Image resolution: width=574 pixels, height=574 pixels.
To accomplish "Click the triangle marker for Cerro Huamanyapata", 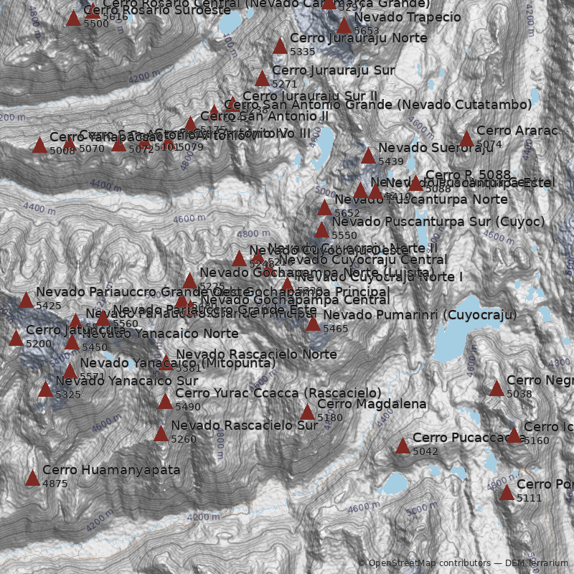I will [32, 478].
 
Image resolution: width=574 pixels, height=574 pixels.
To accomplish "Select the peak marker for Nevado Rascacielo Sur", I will [161, 433].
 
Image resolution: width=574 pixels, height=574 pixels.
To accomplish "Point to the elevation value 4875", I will [55, 484].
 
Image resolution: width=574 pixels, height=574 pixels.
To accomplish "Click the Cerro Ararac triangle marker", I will [466, 138].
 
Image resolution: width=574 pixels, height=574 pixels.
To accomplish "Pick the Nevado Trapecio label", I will [408, 17].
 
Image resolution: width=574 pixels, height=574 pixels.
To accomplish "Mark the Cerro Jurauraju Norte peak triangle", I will [280, 47].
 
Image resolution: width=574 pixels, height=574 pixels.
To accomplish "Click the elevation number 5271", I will [284, 84].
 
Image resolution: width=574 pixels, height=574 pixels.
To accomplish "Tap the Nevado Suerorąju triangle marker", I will [368, 156].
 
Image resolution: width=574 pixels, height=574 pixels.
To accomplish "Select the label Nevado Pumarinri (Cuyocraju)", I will [420, 315].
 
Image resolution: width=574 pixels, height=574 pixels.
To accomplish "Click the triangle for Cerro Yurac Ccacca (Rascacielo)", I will [165, 401].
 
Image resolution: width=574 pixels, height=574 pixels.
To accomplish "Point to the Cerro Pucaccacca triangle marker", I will [403, 446].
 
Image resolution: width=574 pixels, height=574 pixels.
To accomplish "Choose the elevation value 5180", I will [330, 418].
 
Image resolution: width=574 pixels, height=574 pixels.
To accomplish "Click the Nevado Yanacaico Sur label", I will [127, 380].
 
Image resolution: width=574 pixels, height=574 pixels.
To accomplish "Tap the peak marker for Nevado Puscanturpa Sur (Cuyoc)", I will [321, 230].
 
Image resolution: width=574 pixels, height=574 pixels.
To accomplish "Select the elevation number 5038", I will [519, 394].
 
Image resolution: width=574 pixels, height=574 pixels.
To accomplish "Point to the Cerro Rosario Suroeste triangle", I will [73, 18].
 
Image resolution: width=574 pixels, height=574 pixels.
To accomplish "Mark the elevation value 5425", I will [49, 306].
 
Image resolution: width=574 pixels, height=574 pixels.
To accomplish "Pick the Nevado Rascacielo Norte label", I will [256, 354].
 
